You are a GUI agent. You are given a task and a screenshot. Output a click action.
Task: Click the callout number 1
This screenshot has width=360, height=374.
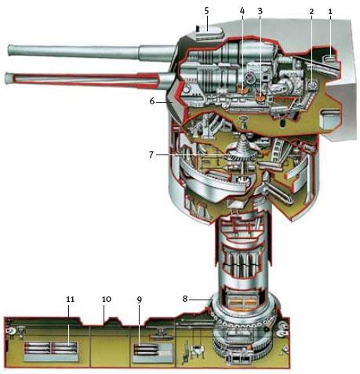click(330, 12)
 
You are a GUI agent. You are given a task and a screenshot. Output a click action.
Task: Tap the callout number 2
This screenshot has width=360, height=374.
click(311, 12)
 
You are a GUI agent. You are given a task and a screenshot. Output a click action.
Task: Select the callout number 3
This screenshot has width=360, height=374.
click(260, 12)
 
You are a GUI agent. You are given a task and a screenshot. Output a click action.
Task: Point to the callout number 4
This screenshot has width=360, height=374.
click(242, 12)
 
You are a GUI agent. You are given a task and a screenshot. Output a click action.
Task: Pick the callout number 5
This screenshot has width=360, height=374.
click(207, 12)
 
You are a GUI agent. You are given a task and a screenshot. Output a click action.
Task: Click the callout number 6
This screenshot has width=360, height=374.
click(152, 101)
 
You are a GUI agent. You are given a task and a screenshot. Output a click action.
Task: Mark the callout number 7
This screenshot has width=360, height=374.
click(151, 154)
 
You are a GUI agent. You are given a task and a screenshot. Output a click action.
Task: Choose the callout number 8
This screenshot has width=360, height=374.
click(185, 299)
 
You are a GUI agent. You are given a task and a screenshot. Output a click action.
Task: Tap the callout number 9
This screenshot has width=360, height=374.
click(140, 300)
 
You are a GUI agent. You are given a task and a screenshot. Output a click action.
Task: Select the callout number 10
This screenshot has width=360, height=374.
click(107, 299)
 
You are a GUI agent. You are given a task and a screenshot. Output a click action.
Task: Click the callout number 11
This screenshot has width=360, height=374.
click(70, 299)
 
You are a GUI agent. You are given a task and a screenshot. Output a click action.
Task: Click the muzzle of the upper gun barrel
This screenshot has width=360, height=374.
click(10, 49)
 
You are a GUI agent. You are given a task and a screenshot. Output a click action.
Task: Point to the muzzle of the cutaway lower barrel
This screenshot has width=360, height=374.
click(9, 78)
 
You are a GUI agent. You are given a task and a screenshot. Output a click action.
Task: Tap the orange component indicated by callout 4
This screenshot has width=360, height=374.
click(243, 90)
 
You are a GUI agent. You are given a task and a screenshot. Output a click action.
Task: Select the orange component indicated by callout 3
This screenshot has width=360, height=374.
click(260, 98)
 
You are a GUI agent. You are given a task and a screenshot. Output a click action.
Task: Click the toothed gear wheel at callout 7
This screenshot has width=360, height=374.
click(242, 158)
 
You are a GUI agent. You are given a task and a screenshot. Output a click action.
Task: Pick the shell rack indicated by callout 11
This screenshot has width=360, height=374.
click(51, 352)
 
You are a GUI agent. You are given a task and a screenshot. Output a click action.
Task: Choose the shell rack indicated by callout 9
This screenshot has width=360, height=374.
click(153, 353)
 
